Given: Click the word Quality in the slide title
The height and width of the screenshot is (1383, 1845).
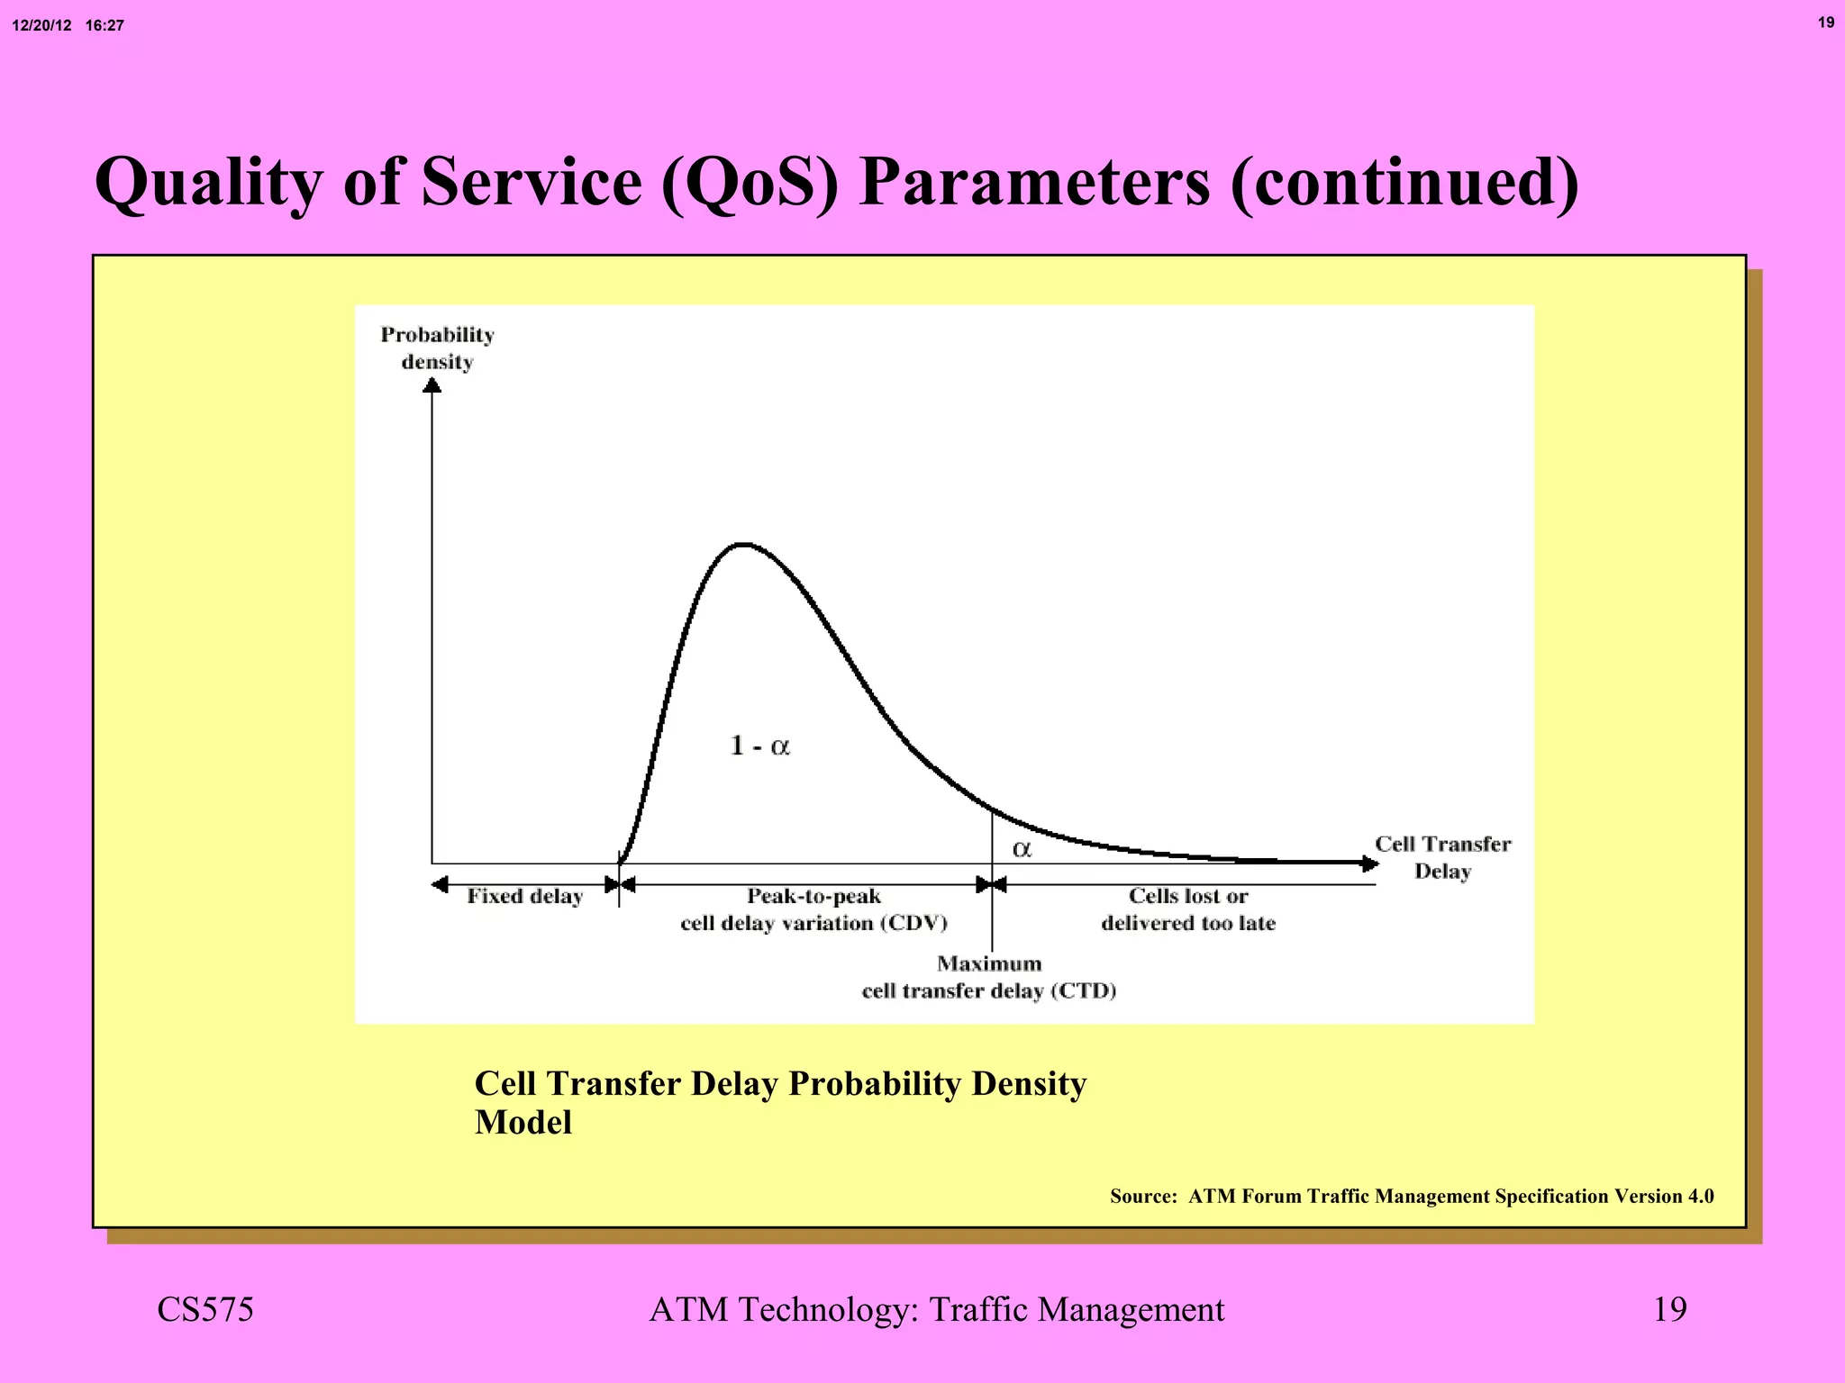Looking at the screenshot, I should [x=207, y=183].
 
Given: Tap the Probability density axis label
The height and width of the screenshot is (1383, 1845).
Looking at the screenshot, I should [x=437, y=348].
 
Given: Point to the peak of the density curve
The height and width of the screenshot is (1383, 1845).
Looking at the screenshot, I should [x=742, y=545].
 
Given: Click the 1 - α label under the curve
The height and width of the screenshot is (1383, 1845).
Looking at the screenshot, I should [x=759, y=746].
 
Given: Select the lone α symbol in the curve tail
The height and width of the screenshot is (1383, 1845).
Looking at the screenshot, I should [x=1022, y=849].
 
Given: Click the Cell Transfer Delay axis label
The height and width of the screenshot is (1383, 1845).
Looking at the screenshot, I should [x=1441, y=857].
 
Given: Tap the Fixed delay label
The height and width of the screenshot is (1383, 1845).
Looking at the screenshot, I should [x=524, y=897].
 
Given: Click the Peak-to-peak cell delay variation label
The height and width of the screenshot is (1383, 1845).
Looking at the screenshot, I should [x=813, y=909].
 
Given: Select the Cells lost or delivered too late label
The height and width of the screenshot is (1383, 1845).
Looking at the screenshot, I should [x=1187, y=909].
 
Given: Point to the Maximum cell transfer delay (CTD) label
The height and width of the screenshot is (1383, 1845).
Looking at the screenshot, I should [x=989, y=977].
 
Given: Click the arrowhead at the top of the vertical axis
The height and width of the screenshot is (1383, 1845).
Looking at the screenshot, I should [x=432, y=385].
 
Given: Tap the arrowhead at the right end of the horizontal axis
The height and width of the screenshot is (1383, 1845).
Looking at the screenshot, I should [x=1369, y=864].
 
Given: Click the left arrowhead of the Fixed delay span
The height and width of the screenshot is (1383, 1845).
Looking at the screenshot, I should [x=440, y=885].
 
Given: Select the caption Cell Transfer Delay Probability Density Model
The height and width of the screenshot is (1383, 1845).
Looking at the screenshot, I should [x=779, y=1102].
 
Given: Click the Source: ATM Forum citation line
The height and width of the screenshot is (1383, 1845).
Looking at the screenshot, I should [x=1411, y=1197].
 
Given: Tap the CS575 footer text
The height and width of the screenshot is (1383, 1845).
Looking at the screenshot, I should [x=205, y=1309].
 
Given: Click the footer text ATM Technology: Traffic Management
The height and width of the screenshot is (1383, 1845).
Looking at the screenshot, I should [x=936, y=1309].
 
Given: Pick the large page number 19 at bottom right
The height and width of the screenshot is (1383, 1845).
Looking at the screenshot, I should [x=1669, y=1309].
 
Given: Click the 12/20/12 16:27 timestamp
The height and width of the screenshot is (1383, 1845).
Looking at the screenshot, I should [x=68, y=26].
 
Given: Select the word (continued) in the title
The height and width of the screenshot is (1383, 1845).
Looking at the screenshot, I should [x=1404, y=183].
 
